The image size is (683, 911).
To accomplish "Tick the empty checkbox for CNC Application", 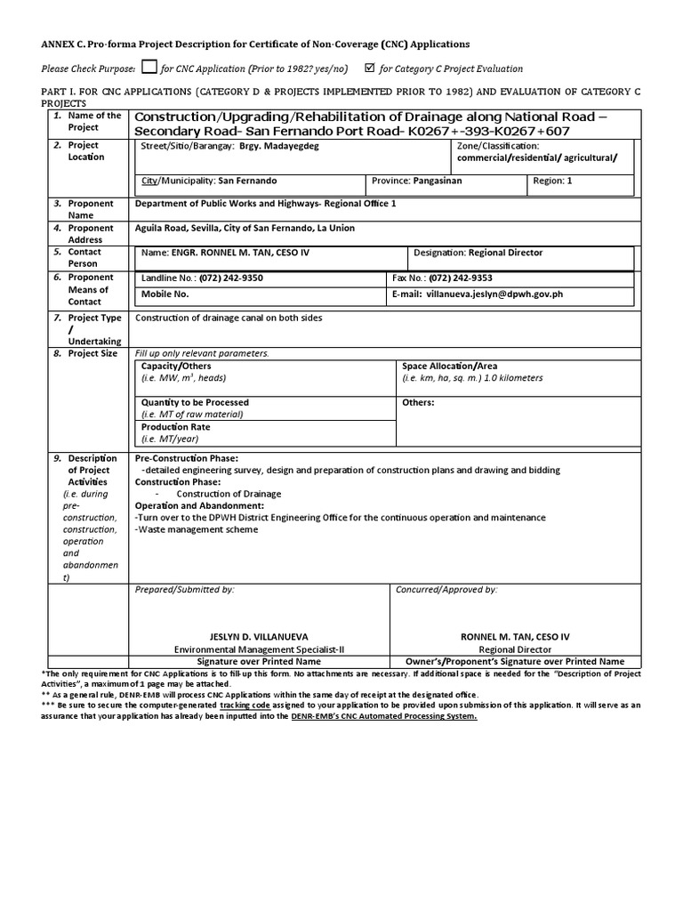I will pos(149,67).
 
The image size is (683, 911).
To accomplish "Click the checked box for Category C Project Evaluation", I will pos(369,68).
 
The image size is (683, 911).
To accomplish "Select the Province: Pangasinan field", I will pos(416,181).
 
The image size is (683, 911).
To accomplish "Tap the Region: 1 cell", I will pos(552,181).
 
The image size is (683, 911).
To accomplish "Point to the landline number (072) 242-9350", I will pos(231,278).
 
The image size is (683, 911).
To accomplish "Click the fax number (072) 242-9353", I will pos(462,278).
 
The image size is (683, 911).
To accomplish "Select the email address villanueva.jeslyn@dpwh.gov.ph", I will pos(494,294).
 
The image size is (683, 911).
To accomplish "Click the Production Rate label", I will pos(175,427).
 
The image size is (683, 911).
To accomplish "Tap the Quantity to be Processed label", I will pos(195,402).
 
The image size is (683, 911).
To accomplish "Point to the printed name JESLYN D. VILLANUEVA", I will pos(259,637).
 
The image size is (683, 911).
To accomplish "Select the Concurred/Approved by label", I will pos(446,589).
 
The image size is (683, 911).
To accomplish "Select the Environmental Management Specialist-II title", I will pos(259,649).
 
